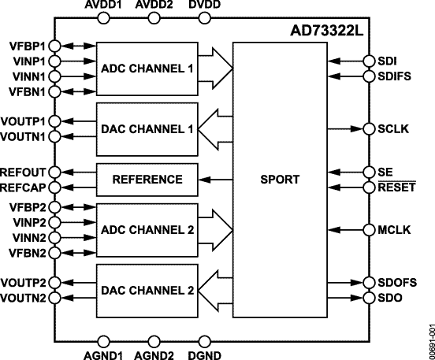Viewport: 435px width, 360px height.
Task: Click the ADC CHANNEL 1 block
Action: click(x=147, y=69)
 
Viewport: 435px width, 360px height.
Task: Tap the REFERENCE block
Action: click(x=147, y=179)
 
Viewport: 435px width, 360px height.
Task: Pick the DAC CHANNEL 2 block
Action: click(x=147, y=289)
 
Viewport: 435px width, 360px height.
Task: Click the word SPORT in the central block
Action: click(x=280, y=179)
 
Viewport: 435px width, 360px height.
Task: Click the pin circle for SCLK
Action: click(x=368, y=128)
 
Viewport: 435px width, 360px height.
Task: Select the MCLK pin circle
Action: click(x=368, y=230)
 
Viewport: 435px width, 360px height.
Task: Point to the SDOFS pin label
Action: click(x=400, y=282)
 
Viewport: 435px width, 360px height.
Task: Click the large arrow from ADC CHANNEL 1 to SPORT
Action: click(x=216, y=69)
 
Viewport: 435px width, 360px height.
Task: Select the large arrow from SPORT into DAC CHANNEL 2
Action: click(x=216, y=289)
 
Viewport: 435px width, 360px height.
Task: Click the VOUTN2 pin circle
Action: click(x=53, y=298)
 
